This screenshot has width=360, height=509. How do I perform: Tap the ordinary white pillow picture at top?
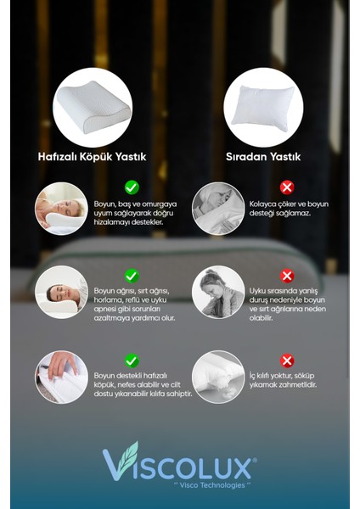click(x=263, y=108)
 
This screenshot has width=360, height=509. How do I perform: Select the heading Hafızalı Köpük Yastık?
click(x=93, y=157)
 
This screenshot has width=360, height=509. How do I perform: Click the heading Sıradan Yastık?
click(x=263, y=157)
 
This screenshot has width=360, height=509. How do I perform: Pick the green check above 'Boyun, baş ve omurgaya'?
click(x=132, y=187)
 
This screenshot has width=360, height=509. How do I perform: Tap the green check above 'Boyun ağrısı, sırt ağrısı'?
click(x=132, y=276)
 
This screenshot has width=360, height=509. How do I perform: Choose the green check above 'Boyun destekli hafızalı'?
click(x=132, y=361)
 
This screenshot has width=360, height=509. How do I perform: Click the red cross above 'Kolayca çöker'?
click(x=287, y=187)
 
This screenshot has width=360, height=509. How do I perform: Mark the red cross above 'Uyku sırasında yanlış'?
click(x=287, y=276)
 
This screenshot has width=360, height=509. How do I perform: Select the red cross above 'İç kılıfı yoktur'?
click(x=287, y=361)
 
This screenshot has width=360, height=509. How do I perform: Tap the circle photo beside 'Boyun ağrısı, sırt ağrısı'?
click(x=60, y=292)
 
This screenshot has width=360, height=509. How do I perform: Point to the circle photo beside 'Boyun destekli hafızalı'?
click(x=60, y=377)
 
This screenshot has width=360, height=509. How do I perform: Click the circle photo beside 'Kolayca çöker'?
click(x=217, y=208)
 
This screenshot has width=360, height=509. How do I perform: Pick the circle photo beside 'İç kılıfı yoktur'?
click(x=217, y=377)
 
